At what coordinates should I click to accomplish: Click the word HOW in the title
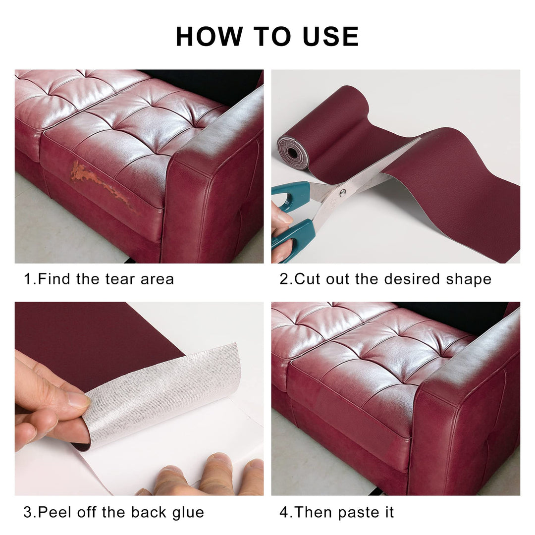tap(209, 37)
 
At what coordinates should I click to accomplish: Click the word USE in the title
tap(330, 37)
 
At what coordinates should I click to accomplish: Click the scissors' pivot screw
tap(343, 193)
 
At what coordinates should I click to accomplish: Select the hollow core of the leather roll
tap(292, 153)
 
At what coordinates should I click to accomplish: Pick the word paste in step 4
tap(357, 513)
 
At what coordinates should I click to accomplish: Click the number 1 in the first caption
tap(28, 279)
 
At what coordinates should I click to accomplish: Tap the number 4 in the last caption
tap(284, 513)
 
